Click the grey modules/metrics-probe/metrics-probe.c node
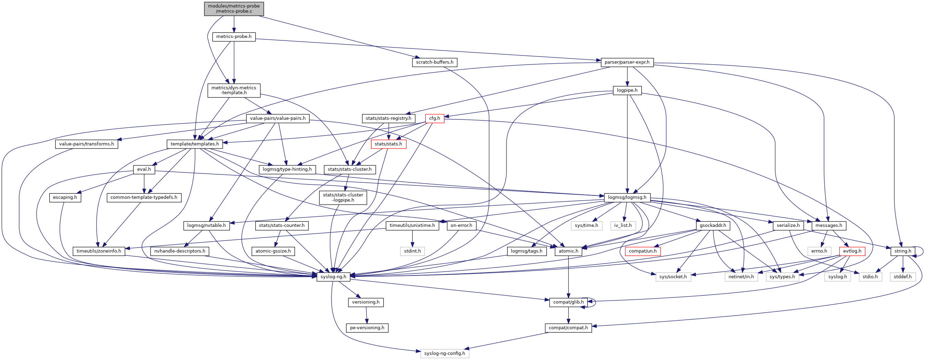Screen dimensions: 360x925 (x=234, y=9)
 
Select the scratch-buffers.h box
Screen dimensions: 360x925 (x=435, y=62)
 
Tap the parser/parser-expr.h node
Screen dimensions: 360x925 (x=627, y=62)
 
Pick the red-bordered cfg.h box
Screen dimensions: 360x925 (x=435, y=118)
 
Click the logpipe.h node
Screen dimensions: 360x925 (x=627, y=90)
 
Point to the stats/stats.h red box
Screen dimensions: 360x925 (x=388, y=144)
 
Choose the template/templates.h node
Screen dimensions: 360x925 (x=195, y=144)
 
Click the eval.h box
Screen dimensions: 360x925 (x=144, y=169)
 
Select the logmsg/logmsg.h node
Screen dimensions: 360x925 (x=627, y=197)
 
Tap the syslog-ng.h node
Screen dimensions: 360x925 (x=333, y=277)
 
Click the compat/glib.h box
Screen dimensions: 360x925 (x=568, y=302)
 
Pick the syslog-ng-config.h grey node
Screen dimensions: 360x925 (x=445, y=353)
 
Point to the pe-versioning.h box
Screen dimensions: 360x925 (x=367, y=327)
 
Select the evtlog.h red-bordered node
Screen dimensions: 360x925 (x=852, y=251)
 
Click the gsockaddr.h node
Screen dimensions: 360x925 (x=713, y=226)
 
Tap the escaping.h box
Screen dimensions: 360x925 (x=65, y=197)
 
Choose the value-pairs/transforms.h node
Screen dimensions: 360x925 (x=87, y=144)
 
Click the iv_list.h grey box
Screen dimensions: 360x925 (x=623, y=226)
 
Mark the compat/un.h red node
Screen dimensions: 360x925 (x=642, y=251)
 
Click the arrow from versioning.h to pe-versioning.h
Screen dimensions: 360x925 (x=366, y=315)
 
